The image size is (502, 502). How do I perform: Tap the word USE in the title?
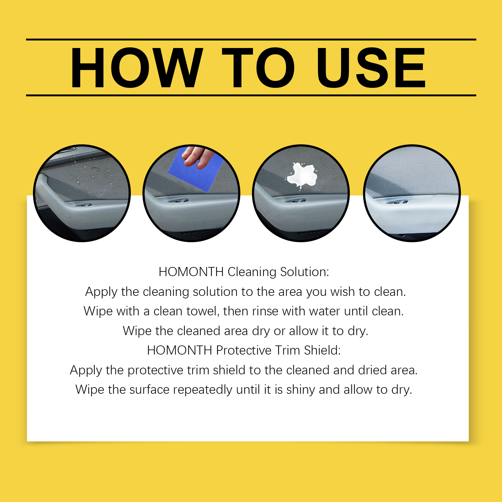point(371,67)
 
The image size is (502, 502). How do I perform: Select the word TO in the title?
point(258,67)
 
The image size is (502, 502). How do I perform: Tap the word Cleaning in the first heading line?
point(252,272)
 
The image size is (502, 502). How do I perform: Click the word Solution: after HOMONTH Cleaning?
point(304,272)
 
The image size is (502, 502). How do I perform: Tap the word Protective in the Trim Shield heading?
point(244,350)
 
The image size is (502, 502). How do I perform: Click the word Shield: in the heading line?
point(322,350)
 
